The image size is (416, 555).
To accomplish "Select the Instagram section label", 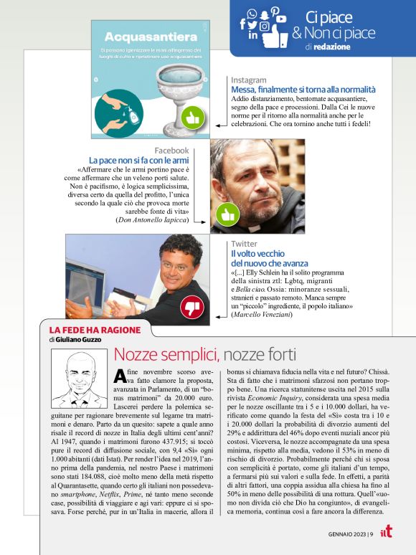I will point(249,80).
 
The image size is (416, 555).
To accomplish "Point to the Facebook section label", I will point(171,150).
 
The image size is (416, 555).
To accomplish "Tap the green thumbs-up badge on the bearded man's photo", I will point(227,214).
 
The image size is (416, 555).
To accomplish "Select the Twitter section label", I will point(244,245).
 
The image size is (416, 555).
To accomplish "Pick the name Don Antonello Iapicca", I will point(153,221).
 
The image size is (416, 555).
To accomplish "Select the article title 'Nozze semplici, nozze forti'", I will point(204,354).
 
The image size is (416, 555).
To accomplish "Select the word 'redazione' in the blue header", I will point(332,47).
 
